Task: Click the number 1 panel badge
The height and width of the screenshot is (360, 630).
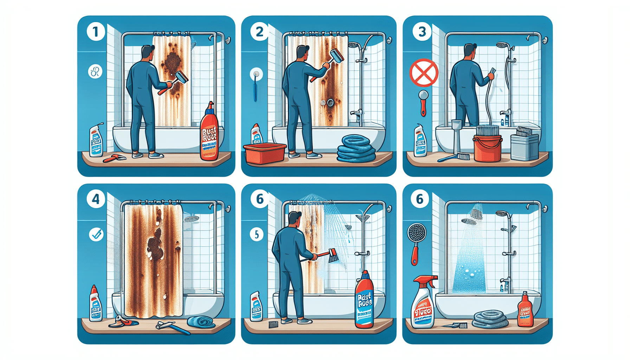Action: pyautogui.click(x=95, y=32)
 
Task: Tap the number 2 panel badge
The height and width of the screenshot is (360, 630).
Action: pyautogui.click(x=259, y=32)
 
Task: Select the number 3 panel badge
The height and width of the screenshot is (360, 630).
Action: pyautogui.click(x=422, y=32)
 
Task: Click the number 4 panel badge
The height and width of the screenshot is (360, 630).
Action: pyautogui.click(x=96, y=199)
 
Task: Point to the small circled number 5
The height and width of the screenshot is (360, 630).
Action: pyautogui.click(x=257, y=234)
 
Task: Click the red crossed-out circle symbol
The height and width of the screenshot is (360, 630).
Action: pyautogui.click(x=424, y=73)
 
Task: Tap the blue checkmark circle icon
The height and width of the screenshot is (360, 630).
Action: pyautogui.click(x=96, y=234)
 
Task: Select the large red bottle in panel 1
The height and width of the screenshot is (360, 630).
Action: pyautogui.click(x=209, y=134)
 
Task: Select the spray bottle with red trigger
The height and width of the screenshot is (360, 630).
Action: pyautogui.click(x=423, y=302)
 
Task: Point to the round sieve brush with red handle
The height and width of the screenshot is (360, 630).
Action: pyautogui.click(x=416, y=243)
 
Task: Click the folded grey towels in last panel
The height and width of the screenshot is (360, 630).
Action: pyautogui.click(x=490, y=319)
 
